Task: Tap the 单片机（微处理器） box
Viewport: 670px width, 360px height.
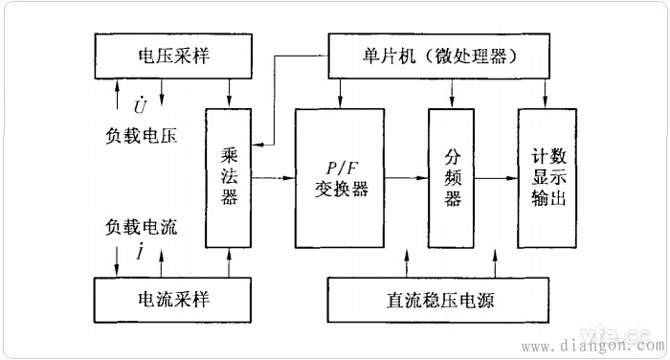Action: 443,56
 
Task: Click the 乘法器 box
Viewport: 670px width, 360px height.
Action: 230,178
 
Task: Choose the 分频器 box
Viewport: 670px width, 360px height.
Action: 453,178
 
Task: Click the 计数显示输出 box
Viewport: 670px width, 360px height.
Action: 548,178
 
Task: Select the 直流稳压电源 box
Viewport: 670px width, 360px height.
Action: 443,300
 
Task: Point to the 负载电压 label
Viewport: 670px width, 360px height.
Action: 142,133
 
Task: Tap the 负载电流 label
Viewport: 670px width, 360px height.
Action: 142,229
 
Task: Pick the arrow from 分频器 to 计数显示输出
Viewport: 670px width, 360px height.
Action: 497,178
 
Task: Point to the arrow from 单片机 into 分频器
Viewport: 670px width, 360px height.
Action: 453,94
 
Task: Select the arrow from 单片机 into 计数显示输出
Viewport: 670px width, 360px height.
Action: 547,94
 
